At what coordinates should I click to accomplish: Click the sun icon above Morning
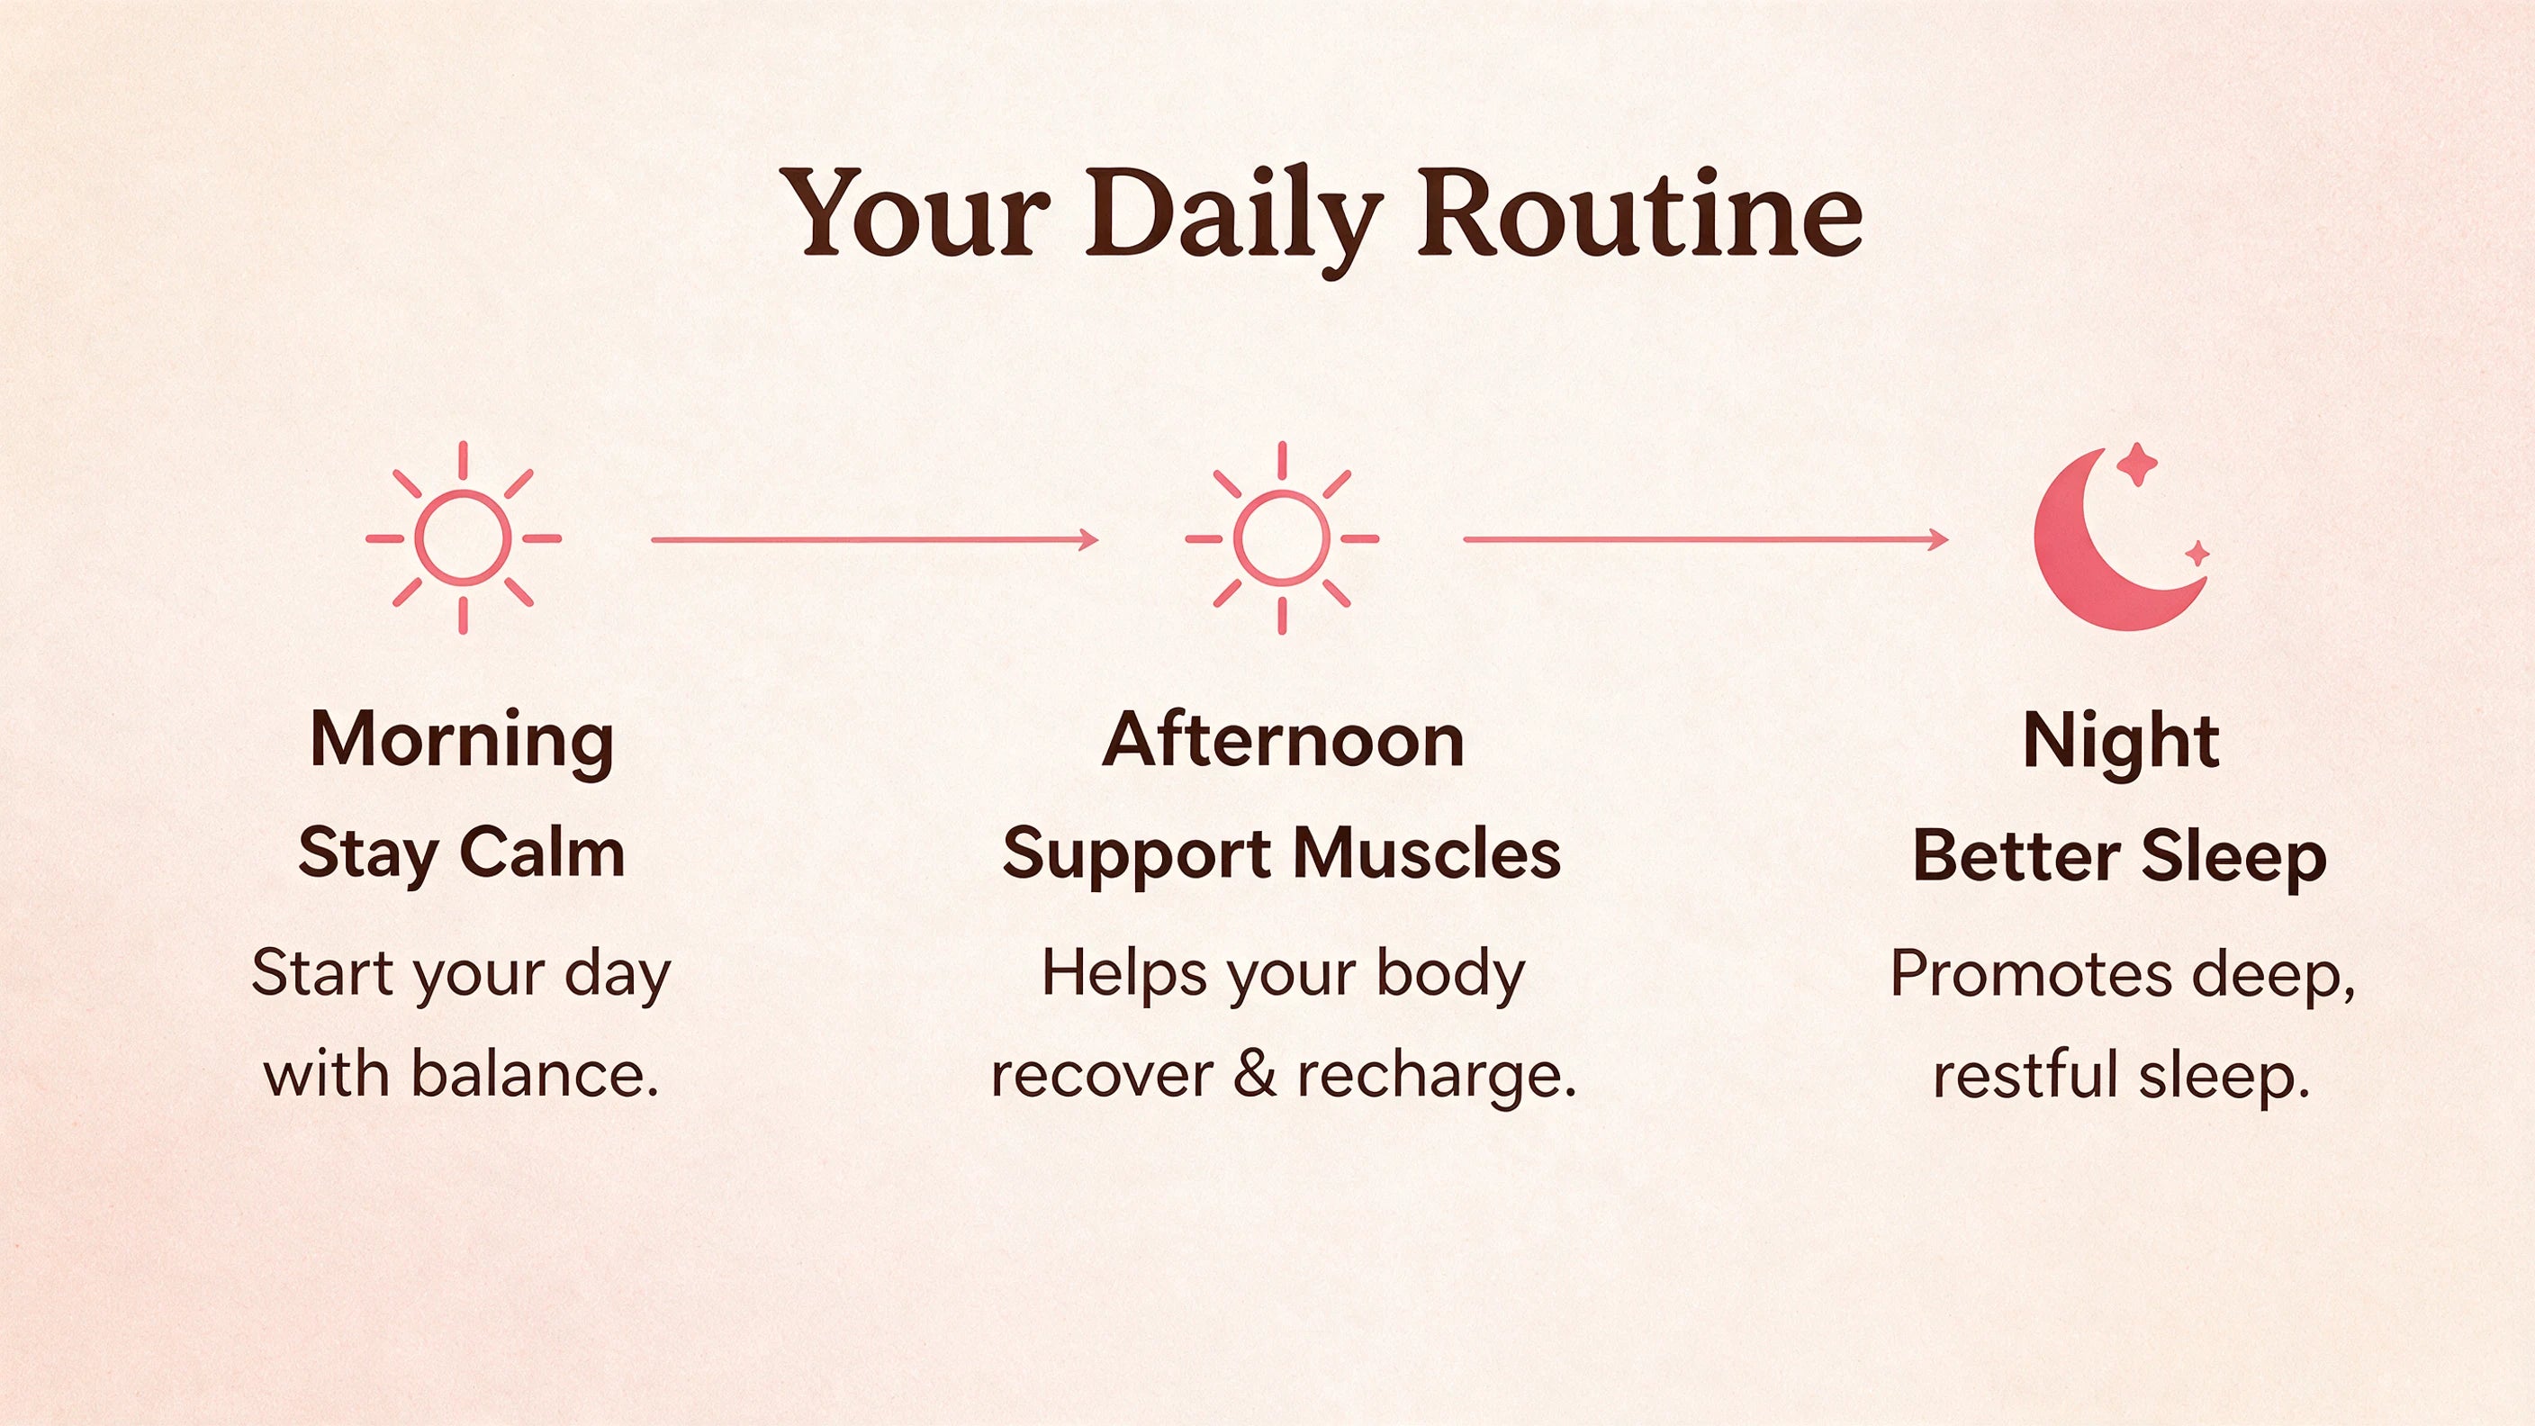[x=464, y=538]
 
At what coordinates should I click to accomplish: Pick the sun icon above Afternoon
[x=1282, y=538]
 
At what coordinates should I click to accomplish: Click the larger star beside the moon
[x=2137, y=465]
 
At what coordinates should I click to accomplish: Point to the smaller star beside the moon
[x=2197, y=554]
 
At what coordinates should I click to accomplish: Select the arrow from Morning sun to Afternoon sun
[x=875, y=539]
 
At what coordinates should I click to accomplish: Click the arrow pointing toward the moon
[x=1705, y=539]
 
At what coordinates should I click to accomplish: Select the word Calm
[x=542, y=853]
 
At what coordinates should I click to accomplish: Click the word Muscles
[x=1427, y=853]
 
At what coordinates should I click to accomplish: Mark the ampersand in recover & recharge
[x=1255, y=1074]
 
